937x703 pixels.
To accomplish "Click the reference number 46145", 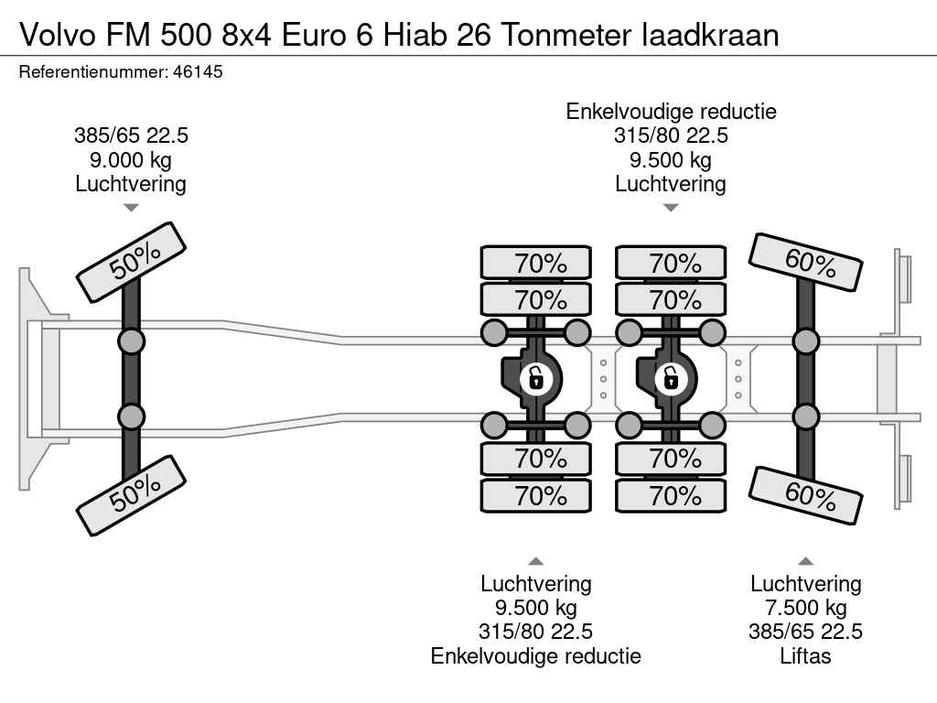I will coord(198,71).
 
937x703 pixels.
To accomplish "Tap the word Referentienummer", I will coord(92,71).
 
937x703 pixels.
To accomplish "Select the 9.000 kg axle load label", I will coord(131,160).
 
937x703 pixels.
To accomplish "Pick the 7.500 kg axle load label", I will coord(806,608).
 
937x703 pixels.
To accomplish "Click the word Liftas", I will coord(806,656).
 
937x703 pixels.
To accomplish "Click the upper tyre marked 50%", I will coord(131,262).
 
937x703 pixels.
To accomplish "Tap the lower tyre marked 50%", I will coord(131,495).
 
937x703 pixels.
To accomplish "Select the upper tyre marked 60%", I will coord(805,263).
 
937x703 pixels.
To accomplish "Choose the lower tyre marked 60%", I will coord(805,495).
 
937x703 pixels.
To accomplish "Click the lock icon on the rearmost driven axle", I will coord(670,377).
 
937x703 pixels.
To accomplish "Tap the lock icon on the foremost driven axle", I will coord(534,377).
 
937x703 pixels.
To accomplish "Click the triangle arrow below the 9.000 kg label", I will coord(131,208).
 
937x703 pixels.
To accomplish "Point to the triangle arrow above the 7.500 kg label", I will coord(806,561).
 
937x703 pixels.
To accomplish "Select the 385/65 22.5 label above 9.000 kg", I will coord(131,136).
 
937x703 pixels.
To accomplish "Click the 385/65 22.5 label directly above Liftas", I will coord(806,632).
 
